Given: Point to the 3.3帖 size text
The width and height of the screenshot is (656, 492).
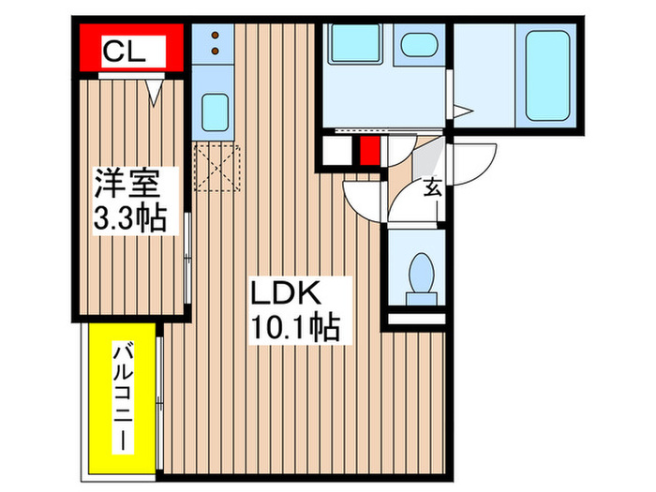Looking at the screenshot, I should tap(129, 218).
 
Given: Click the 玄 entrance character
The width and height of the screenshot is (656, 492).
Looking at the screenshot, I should tap(433, 187).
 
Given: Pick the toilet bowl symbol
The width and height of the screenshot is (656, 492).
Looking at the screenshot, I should tap(420, 275).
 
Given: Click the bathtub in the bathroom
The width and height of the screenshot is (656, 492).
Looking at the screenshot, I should tap(548, 76).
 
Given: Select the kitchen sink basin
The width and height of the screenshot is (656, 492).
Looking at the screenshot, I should tap(215, 114).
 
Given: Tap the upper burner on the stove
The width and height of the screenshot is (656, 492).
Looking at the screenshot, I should tap(216, 36).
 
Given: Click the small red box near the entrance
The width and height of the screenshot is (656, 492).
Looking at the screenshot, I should tap(368, 150).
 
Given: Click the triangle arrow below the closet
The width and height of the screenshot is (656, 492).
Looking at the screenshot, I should tap(155, 91).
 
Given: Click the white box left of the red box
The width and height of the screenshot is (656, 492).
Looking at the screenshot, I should tap(336, 150).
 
